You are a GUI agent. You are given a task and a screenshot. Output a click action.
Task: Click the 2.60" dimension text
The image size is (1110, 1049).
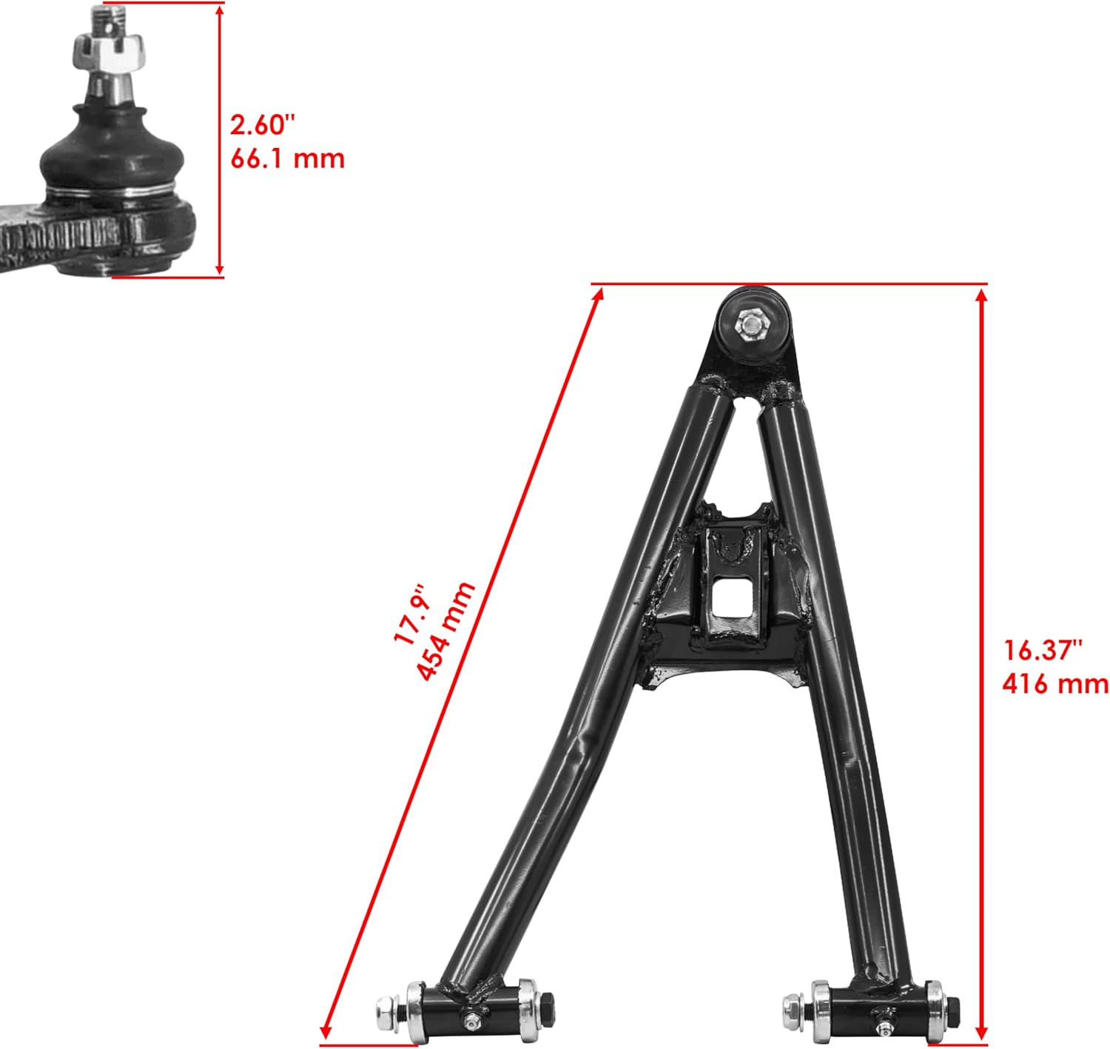(x=257, y=124)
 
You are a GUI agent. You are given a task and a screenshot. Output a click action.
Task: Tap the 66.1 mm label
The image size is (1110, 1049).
(x=287, y=158)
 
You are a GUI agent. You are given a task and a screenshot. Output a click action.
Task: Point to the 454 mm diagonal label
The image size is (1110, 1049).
(x=445, y=631)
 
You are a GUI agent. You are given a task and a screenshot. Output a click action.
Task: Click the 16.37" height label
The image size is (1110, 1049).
(x=1043, y=650)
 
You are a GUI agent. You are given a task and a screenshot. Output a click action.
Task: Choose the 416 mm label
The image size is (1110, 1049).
(x=1054, y=683)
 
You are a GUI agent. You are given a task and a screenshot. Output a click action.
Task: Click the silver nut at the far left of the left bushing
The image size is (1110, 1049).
(x=386, y=1009)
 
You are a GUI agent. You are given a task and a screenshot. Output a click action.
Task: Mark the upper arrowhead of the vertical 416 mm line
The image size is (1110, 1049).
(x=981, y=295)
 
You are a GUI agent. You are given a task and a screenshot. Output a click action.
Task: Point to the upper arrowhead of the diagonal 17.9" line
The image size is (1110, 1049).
(x=599, y=295)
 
